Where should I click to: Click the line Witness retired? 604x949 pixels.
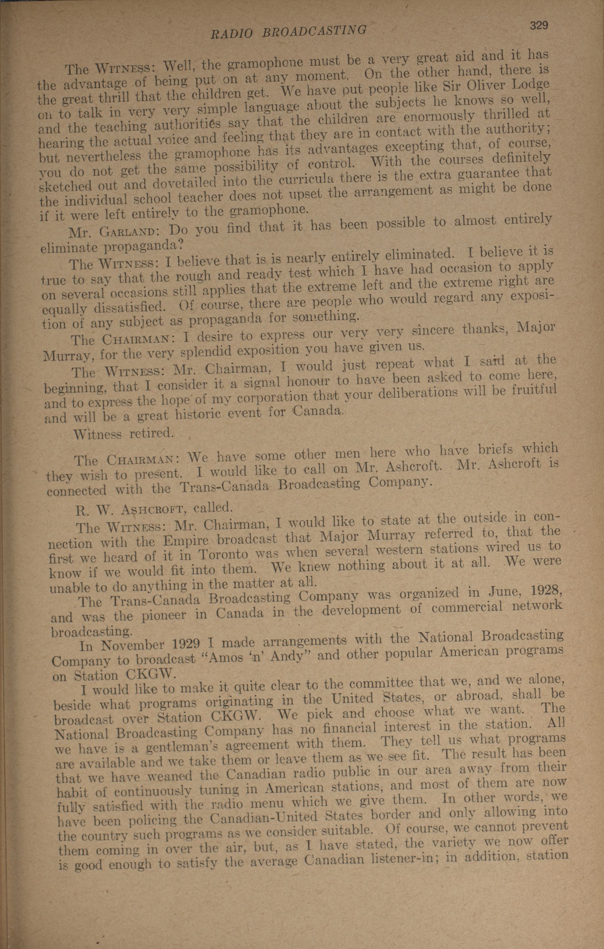click(x=123, y=434)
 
